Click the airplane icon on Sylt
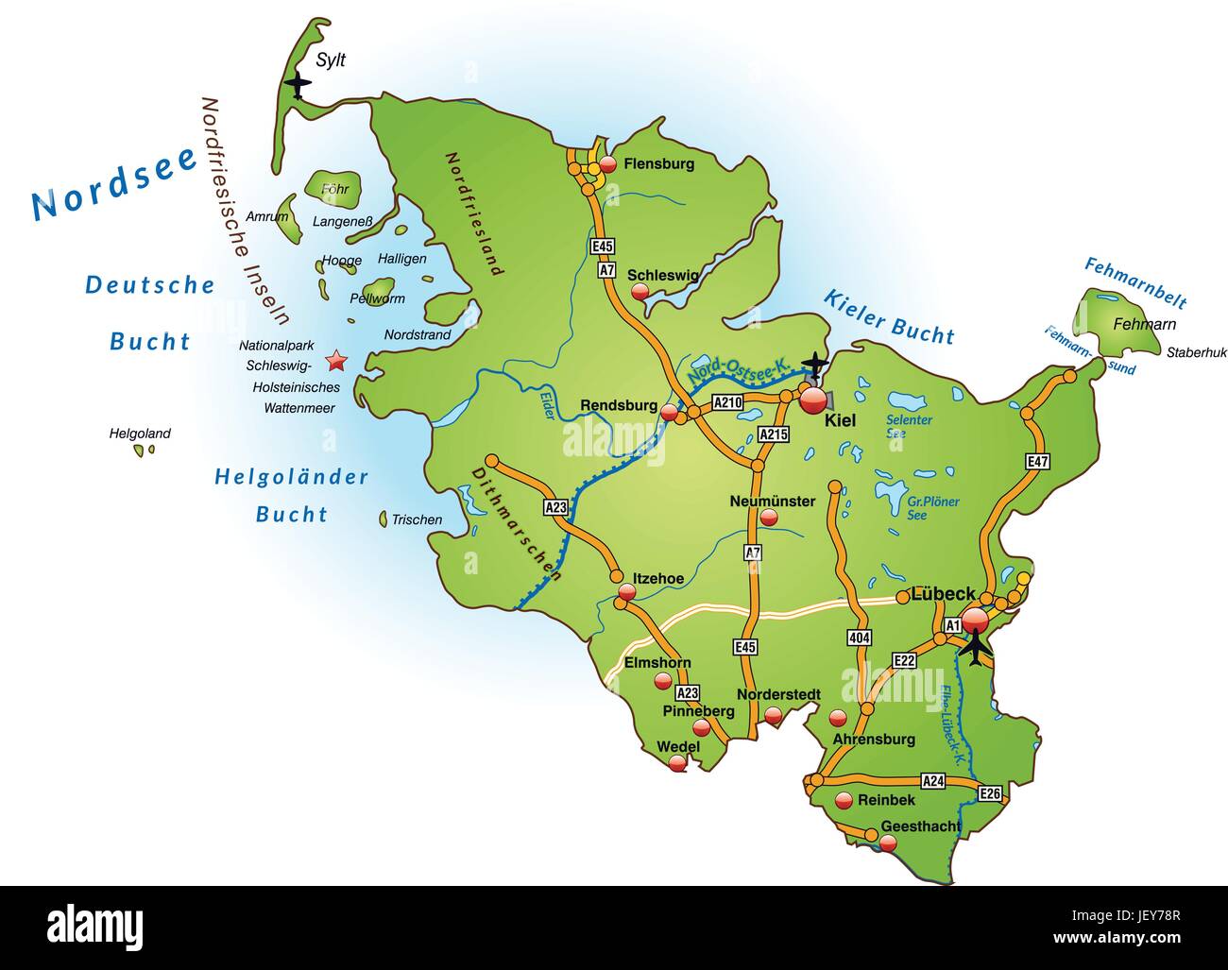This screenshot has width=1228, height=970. pos(298,86)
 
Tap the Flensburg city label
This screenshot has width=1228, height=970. pos(658,163)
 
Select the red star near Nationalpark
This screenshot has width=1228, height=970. pos(334,361)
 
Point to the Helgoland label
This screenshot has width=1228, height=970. pos(140,434)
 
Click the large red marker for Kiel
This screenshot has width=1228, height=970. pos(812,400)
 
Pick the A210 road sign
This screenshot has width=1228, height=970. pos(727,402)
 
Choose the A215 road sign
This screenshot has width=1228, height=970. pos(774,434)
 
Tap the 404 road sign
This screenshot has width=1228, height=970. pos(859,638)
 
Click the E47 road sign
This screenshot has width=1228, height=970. pos(1038,462)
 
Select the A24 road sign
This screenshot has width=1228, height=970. pos(933,781)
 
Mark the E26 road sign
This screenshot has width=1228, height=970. pos(990,792)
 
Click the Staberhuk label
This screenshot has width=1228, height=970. pos(1196,352)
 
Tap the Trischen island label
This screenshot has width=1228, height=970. pos(417,519)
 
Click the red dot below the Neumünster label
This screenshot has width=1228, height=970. pos(769,518)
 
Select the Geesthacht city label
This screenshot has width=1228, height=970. pos(920,825)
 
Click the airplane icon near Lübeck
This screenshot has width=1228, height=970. pos(974,648)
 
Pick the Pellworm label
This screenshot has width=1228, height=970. pos(377,298)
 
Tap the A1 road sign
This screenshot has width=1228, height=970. pos(952,625)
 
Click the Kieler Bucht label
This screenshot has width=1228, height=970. pos(888,316)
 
